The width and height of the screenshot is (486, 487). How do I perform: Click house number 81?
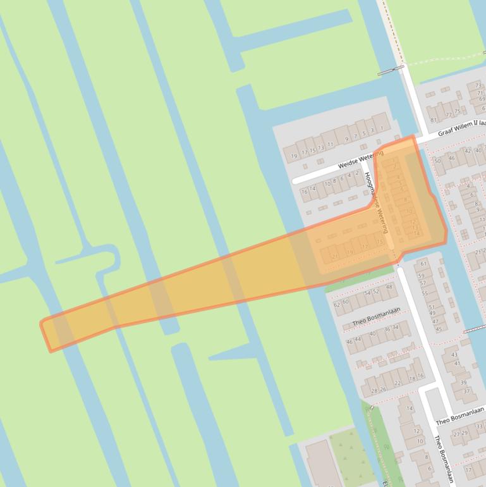[433, 120]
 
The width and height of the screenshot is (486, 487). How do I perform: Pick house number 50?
[437, 161]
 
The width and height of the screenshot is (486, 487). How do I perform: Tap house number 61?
[423, 264]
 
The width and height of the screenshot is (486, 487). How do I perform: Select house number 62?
[336, 304]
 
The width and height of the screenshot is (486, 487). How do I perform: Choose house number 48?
[389, 287]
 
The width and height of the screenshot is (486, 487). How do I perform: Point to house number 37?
[467, 391]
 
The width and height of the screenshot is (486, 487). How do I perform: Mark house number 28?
[374, 390]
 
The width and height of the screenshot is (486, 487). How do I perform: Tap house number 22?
[398, 383]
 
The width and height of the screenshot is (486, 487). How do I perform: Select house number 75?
[457, 112]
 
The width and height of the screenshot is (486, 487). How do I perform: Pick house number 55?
[425, 293]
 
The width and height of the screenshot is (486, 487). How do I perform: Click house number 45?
[438, 329]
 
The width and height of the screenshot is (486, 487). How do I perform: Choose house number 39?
[464, 383]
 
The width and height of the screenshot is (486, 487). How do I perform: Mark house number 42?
[468, 151]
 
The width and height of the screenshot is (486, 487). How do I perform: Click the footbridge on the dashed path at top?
[391, 70]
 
